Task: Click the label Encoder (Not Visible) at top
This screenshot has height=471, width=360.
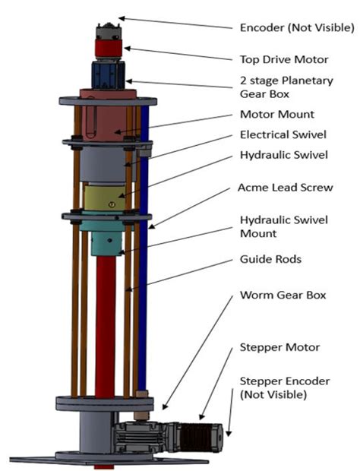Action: [x=296, y=28]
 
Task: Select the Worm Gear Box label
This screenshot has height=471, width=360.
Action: [x=278, y=294]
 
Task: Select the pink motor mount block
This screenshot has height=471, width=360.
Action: [x=106, y=118]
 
